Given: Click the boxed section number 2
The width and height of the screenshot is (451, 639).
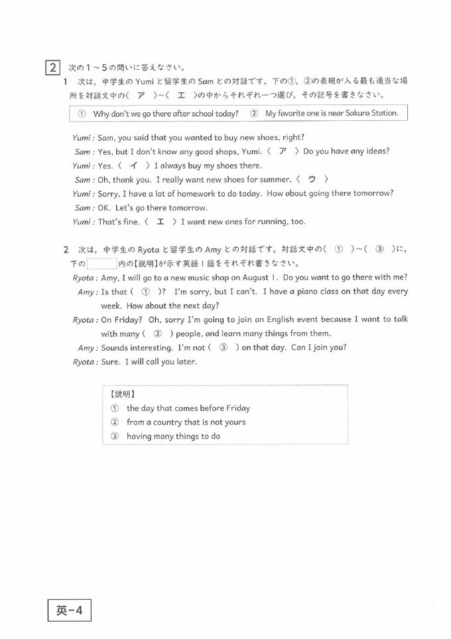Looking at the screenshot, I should point(52,68).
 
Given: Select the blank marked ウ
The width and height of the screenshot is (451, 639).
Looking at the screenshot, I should point(311,179).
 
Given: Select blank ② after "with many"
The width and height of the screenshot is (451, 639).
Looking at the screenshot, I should point(157,333).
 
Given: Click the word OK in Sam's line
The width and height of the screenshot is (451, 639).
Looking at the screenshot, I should point(103,207).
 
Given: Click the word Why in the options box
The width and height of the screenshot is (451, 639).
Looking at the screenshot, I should point(101,114).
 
